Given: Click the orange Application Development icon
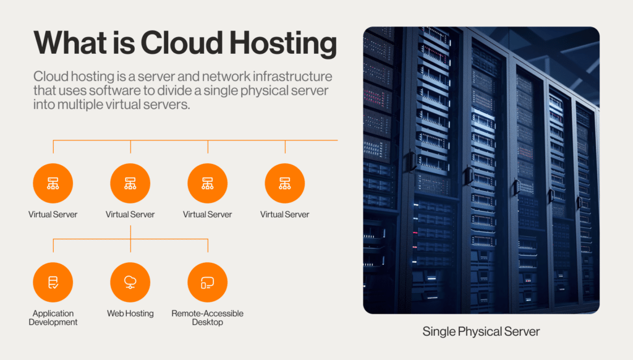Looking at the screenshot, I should point(53,282).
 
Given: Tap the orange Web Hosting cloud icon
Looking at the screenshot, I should point(130,282).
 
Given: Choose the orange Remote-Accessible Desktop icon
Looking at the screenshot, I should point(208,282).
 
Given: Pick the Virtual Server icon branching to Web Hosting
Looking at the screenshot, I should point(130,184).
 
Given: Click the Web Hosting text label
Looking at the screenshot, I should point(130,314).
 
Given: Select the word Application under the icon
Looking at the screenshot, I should point(53,314).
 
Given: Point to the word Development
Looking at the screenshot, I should point(53,322).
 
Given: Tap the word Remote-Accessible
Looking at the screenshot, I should point(208,314).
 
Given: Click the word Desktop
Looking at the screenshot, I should point(208,322).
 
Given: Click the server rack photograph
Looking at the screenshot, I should point(481,170).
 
